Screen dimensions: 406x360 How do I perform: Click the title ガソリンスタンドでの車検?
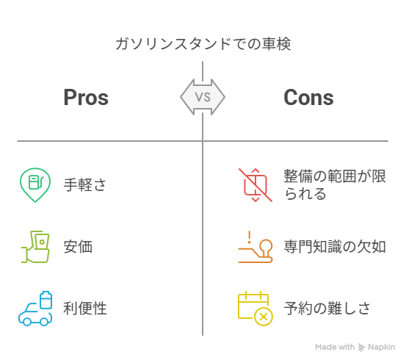click(203, 44)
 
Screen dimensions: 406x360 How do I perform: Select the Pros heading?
click(86, 97)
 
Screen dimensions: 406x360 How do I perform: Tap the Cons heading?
click(308, 97)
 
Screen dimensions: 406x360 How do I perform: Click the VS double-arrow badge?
click(203, 97)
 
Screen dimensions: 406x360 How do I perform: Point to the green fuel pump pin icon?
click(35, 185)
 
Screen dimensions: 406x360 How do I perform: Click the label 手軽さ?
click(85, 185)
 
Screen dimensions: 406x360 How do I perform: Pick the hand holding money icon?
click(35, 247)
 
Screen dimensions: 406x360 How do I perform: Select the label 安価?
click(78, 246)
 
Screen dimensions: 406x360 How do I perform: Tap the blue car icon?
click(35, 309)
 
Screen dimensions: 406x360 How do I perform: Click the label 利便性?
click(85, 308)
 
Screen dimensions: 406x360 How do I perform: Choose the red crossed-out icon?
click(255, 185)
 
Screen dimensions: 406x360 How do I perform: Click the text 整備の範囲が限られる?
click(335, 185)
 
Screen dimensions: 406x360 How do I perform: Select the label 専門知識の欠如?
click(335, 246)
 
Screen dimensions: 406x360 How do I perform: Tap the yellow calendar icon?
click(255, 309)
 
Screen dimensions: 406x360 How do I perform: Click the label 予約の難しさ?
click(327, 308)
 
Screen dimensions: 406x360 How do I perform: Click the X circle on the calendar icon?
click(264, 317)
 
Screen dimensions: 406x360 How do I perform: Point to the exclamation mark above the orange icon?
click(250, 237)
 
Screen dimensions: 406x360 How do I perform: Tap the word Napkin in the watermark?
click(381, 347)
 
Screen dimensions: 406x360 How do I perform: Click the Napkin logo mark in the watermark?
click(361, 348)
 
